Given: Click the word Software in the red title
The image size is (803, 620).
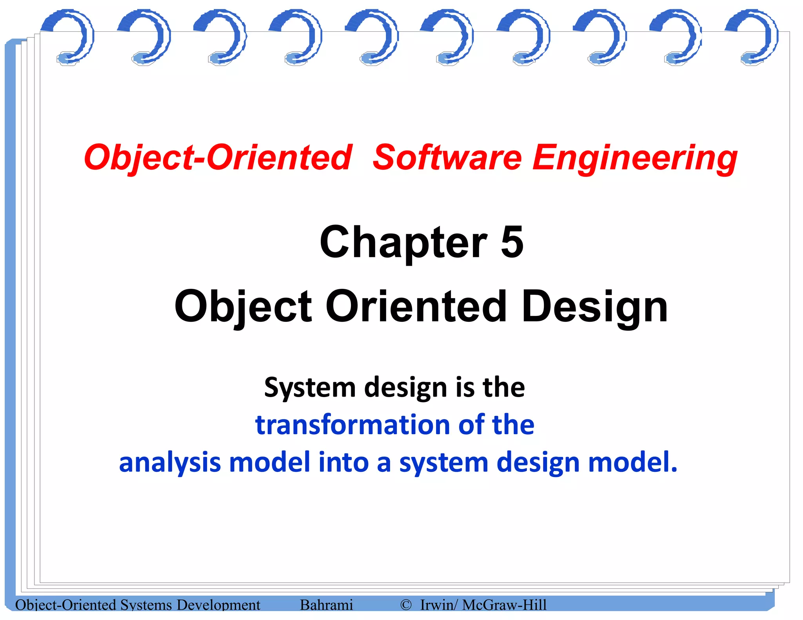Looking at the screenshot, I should pos(447,158).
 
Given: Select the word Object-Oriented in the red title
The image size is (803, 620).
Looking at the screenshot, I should pos(218,158).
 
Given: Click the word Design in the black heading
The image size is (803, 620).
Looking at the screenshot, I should pos(594,307).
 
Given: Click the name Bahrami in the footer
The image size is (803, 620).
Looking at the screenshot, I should pos(326,605).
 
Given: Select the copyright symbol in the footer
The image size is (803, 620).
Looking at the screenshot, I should pos(406,605).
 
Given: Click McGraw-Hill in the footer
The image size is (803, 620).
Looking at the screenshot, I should pos(504,605).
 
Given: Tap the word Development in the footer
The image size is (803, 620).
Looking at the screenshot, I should pos(218,605).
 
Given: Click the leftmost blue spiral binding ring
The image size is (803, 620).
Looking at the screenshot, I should pos(70,37).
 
